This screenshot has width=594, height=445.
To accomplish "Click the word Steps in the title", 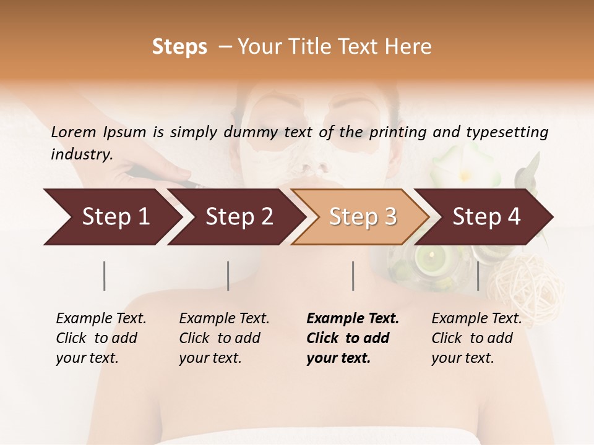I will click(179, 47).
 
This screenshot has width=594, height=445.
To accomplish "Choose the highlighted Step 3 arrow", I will click(361, 217).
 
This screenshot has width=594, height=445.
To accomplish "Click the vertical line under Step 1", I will click(104, 276).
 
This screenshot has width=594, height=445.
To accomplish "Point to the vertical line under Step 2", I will click(228, 276).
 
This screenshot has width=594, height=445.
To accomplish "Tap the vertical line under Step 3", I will click(353, 276).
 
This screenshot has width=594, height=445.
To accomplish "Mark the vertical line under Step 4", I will click(478, 276).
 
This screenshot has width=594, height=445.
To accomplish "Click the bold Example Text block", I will click(352, 338).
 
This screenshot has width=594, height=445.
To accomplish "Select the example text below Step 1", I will click(101, 338).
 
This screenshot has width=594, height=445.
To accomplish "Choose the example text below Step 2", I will click(224, 338).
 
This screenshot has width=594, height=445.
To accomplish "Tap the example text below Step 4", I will click(476, 338).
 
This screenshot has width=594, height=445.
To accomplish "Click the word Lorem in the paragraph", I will click(74, 132).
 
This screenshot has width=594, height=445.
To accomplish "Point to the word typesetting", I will click(512, 132).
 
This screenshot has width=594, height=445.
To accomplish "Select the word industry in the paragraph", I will click(81, 155).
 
